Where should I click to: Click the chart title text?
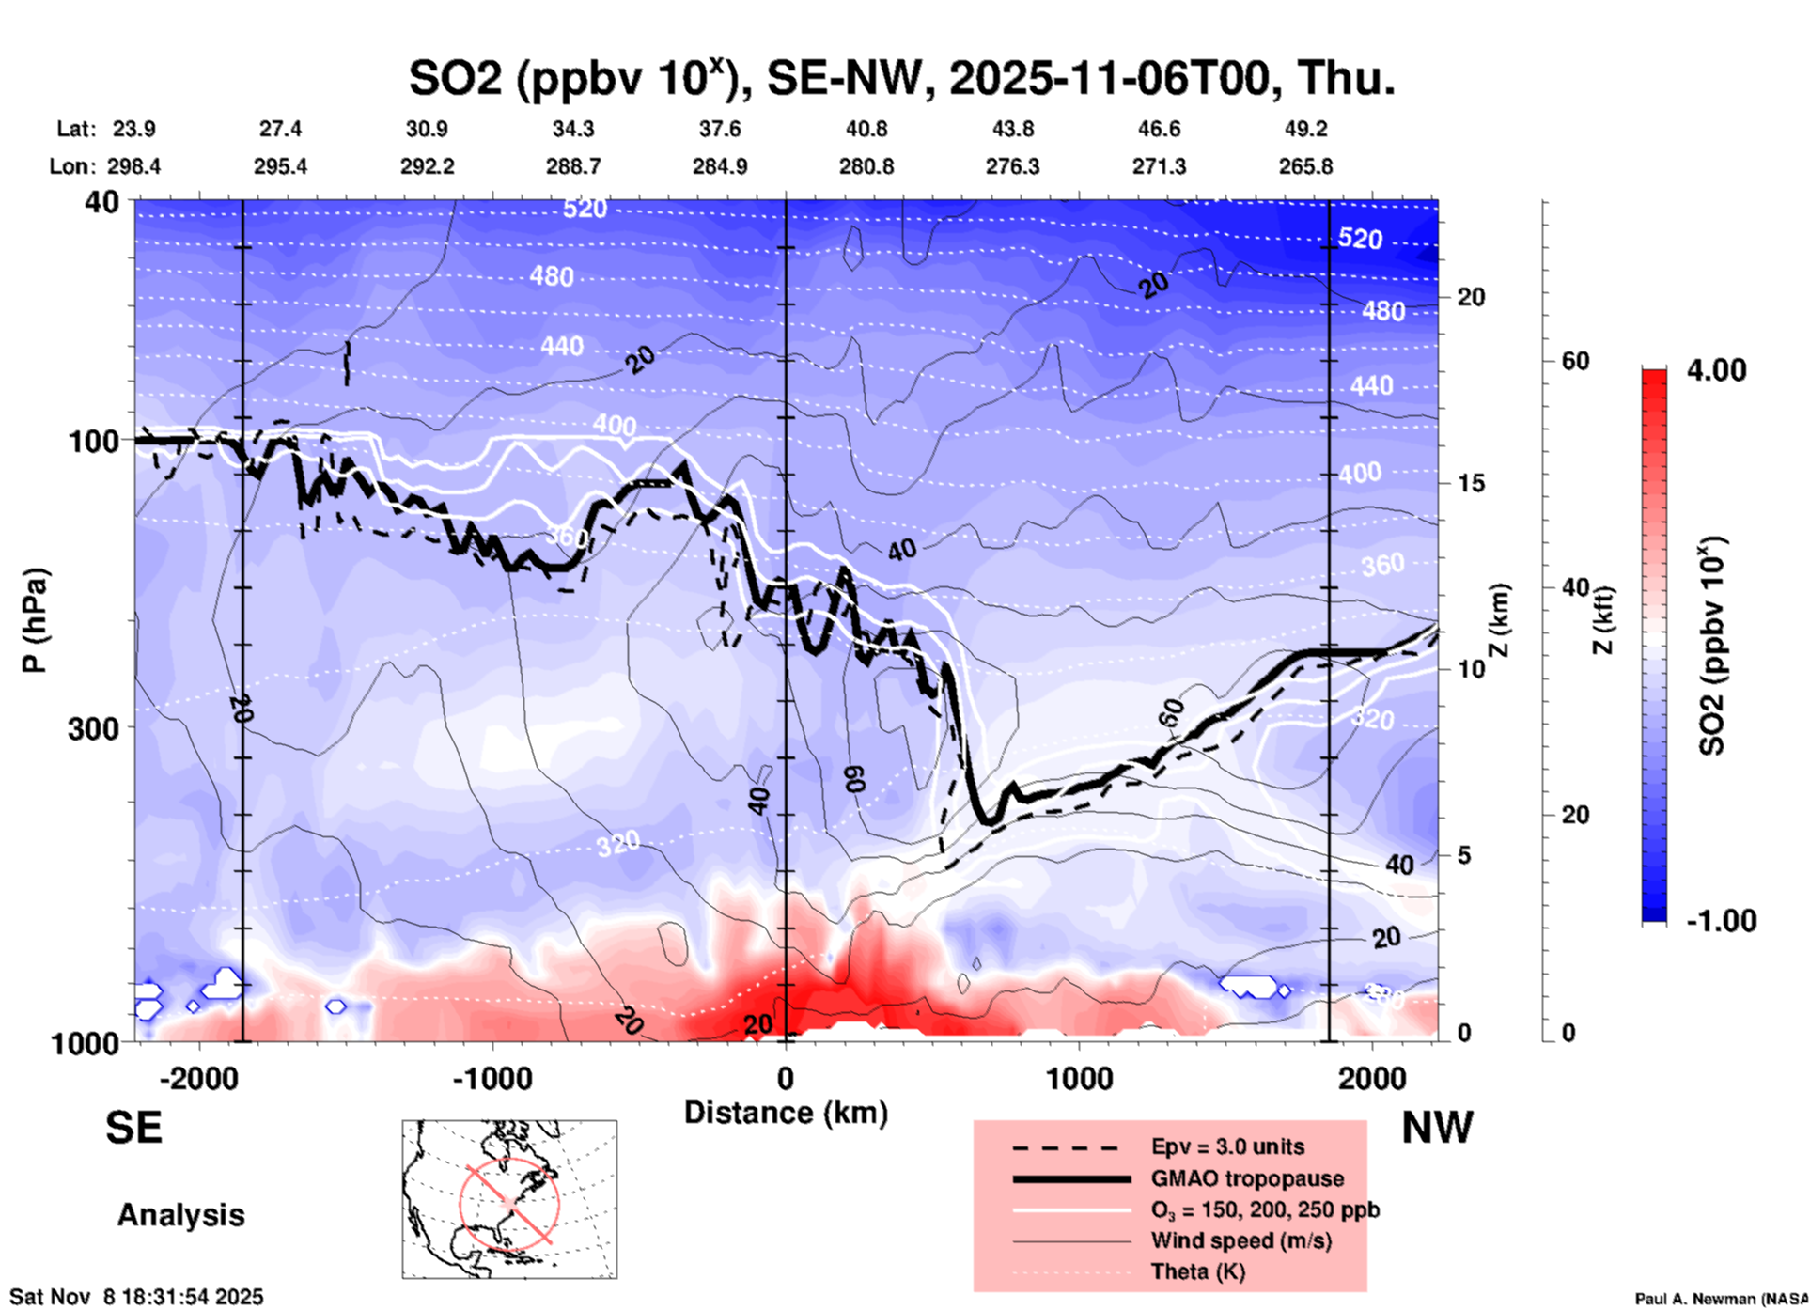(901, 77)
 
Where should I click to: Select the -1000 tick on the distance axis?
(492, 1078)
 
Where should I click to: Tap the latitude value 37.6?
(719, 129)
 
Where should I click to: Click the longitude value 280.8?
(866, 166)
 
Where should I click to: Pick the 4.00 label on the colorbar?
(1716, 370)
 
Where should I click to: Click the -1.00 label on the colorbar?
(1721, 920)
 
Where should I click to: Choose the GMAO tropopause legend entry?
(1247, 1178)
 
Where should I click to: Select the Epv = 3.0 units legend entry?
(1227, 1146)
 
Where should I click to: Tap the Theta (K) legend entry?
(1197, 1271)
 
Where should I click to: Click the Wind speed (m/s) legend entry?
(1240, 1240)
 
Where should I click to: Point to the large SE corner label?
(133, 1127)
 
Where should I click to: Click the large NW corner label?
(1437, 1127)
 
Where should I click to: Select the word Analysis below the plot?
(180, 1214)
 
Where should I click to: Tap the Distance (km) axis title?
(786, 1113)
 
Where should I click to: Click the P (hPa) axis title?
(35, 620)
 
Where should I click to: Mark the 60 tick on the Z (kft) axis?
(1575, 361)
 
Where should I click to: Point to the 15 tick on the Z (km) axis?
(1471, 483)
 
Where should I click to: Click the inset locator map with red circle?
(509, 1199)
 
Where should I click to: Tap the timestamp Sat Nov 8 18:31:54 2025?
(136, 1297)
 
